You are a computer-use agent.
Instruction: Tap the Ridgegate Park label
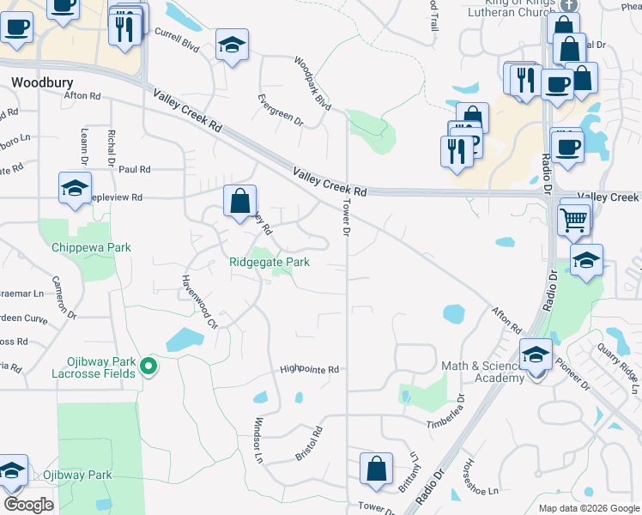[x=269, y=263]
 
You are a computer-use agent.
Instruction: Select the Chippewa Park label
[x=91, y=247]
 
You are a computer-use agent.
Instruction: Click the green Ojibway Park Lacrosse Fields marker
[x=148, y=367]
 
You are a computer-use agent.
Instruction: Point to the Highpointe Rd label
[x=310, y=370]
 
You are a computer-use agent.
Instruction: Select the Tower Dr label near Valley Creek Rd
[x=347, y=219]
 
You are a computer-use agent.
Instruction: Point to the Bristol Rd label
[x=306, y=440]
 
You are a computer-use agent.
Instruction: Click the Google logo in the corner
[x=29, y=504]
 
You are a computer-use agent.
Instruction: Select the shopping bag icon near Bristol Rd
[x=376, y=470]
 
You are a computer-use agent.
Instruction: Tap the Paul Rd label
[x=136, y=170]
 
